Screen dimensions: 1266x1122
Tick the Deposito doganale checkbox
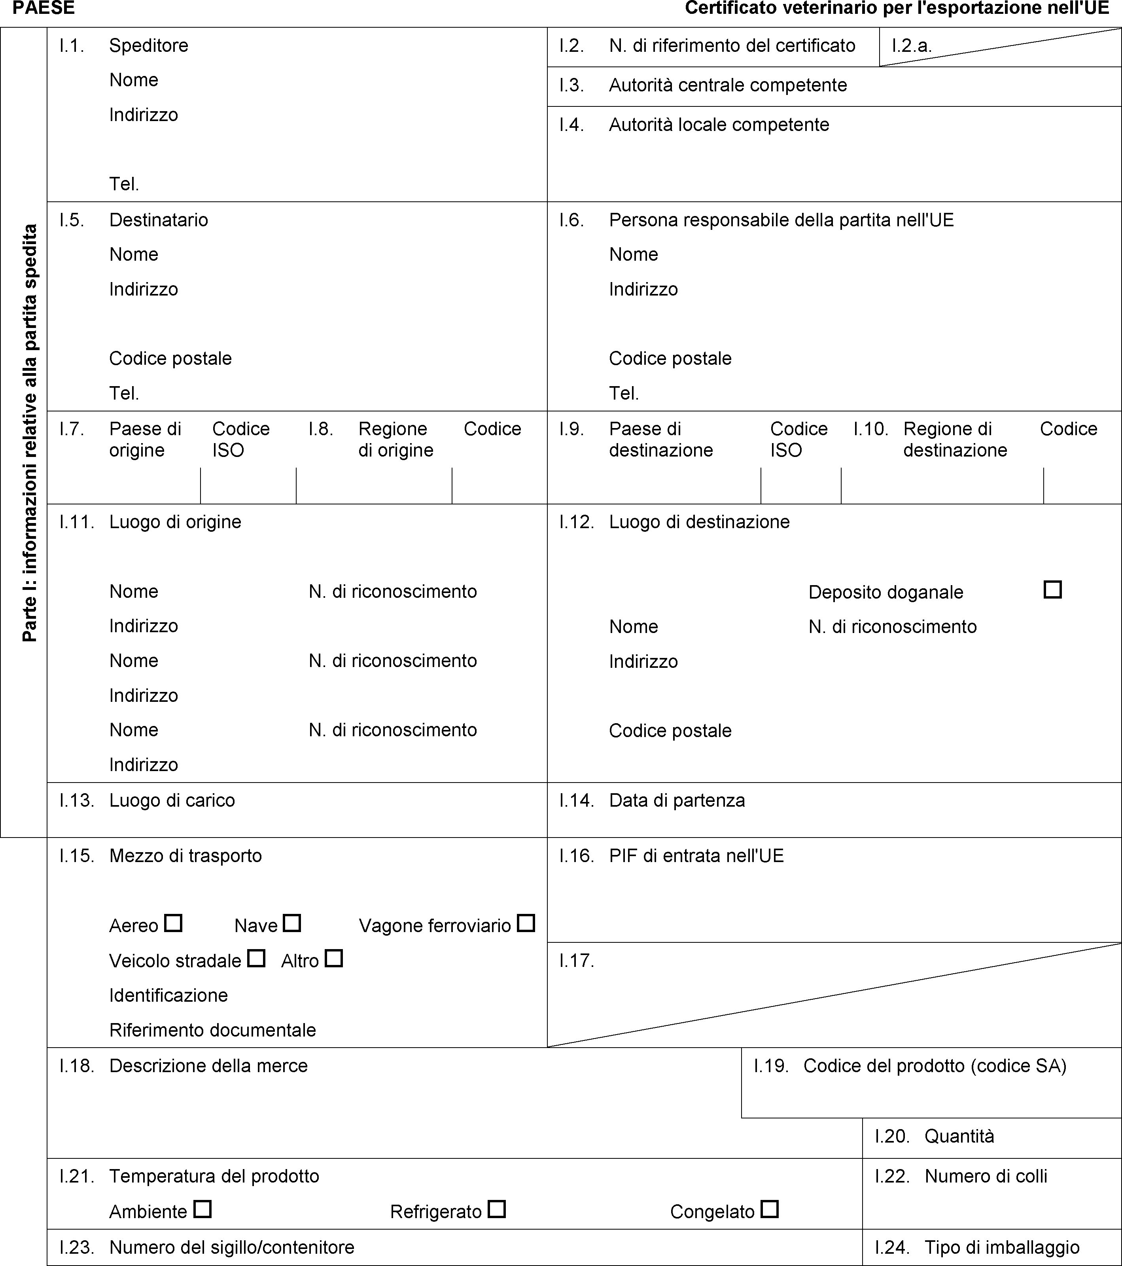coord(1052,589)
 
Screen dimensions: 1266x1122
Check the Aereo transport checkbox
coord(173,923)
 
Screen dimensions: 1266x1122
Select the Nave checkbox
coord(291,923)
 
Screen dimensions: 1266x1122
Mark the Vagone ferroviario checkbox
coord(526,923)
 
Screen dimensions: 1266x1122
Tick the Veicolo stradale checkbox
coord(256,959)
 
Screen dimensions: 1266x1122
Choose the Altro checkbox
coord(334,959)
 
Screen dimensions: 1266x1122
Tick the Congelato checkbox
coord(770,1209)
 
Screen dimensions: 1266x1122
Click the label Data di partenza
coord(677,801)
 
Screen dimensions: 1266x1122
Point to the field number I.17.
coord(577,961)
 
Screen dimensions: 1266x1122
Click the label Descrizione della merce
coord(208,1066)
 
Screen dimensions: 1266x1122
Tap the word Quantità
coord(959,1136)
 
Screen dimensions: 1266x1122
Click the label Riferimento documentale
coord(212,1030)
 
